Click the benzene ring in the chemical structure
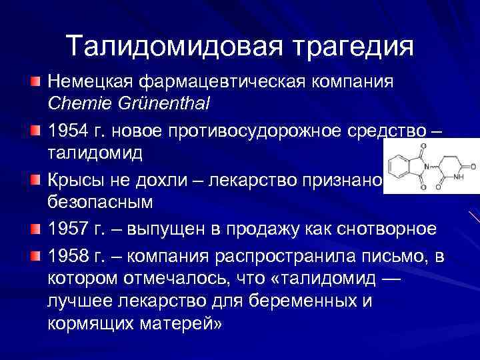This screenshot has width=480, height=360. click(x=400, y=168)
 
